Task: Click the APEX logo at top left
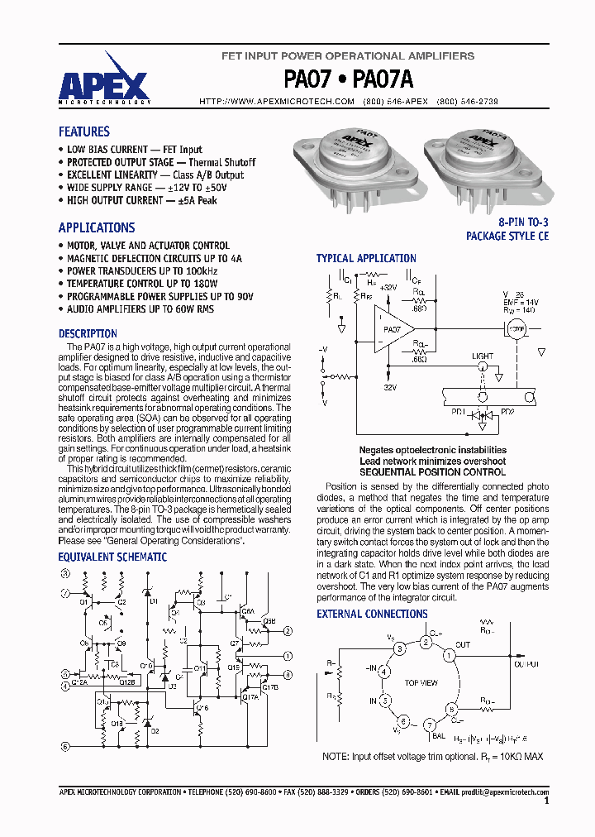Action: click(103, 84)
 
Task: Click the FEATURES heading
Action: click(83, 132)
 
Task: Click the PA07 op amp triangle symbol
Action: click(395, 329)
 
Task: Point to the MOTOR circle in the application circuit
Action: click(516, 328)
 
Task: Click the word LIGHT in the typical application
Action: click(483, 356)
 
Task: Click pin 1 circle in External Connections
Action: click(450, 656)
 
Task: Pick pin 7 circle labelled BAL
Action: click(429, 725)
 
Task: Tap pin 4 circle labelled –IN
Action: click(383, 672)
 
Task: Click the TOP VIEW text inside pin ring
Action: click(421, 684)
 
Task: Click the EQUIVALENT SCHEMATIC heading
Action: click(112, 557)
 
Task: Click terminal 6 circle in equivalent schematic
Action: click(64, 747)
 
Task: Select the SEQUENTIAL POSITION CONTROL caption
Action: click(421, 472)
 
